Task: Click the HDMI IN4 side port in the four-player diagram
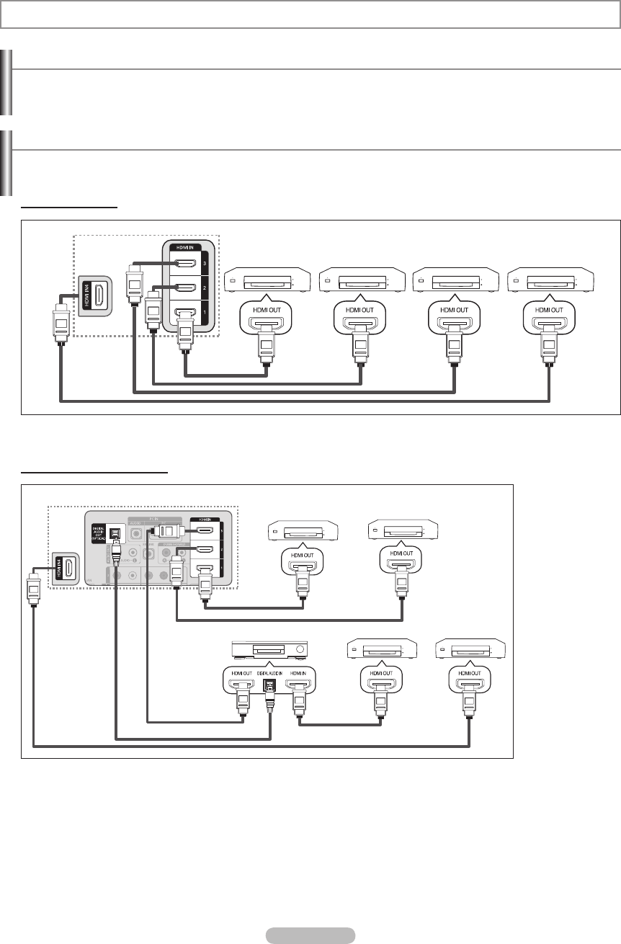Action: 94,295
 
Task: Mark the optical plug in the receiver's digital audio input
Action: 272,695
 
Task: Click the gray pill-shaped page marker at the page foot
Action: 310,935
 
